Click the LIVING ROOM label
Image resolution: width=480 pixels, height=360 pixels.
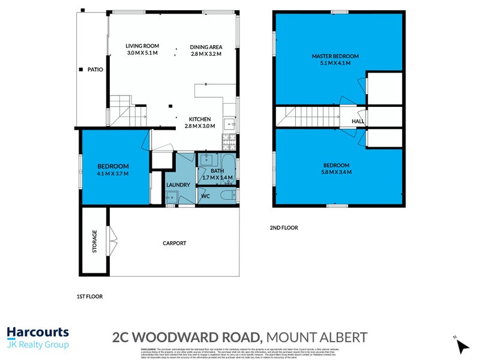[x=142, y=46]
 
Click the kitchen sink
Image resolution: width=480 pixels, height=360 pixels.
[x=229, y=124]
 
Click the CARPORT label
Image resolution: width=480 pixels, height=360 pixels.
[x=175, y=243]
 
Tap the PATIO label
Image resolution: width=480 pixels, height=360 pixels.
[x=95, y=70]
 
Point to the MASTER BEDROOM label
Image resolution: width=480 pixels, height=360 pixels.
[x=331, y=56]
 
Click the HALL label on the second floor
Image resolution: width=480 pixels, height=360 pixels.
[x=358, y=121]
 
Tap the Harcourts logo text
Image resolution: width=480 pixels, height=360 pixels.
[x=37, y=333]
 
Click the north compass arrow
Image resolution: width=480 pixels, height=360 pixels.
[x=462, y=346]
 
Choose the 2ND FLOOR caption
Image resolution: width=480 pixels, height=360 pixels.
[x=284, y=228]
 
